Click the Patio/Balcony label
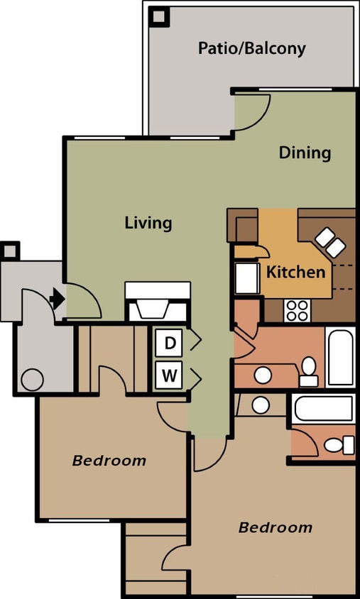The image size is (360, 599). [x=251, y=48]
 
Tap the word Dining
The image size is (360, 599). [x=305, y=153]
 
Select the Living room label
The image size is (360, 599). [x=148, y=223]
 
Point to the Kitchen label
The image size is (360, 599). [x=296, y=272]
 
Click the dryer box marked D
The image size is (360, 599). [x=170, y=343]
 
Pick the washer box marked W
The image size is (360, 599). [x=170, y=375]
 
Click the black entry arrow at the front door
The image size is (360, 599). [x=58, y=299]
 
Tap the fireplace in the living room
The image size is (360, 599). [x=158, y=302]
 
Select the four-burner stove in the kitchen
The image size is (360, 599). [x=297, y=310]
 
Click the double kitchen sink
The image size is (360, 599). [x=330, y=242]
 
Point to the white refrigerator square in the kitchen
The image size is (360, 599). [x=246, y=279]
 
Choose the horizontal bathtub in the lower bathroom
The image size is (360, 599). [x=322, y=409]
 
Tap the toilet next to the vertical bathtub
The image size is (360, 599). [x=309, y=370]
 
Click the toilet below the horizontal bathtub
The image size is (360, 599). [x=337, y=445]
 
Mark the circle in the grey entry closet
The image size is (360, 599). [x=32, y=380]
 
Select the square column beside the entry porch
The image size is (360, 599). [x=10, y=251]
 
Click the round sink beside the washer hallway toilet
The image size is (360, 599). [x=263, y=375]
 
